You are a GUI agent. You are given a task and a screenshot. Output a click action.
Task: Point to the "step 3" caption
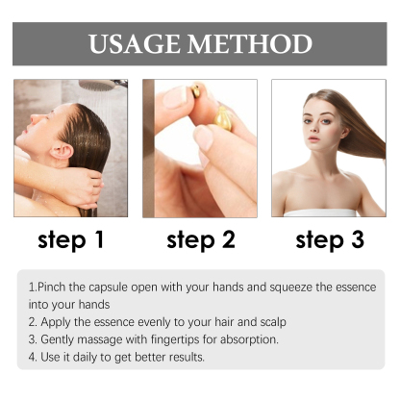coord(330,240)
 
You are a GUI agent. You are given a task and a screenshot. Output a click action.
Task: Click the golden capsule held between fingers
coord(222,120)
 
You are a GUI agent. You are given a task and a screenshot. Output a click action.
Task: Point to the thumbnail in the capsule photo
coord(174,97)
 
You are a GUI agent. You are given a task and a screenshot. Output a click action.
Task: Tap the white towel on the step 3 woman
coord(327,211)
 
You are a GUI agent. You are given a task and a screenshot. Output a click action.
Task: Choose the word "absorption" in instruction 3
coord(252,339)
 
